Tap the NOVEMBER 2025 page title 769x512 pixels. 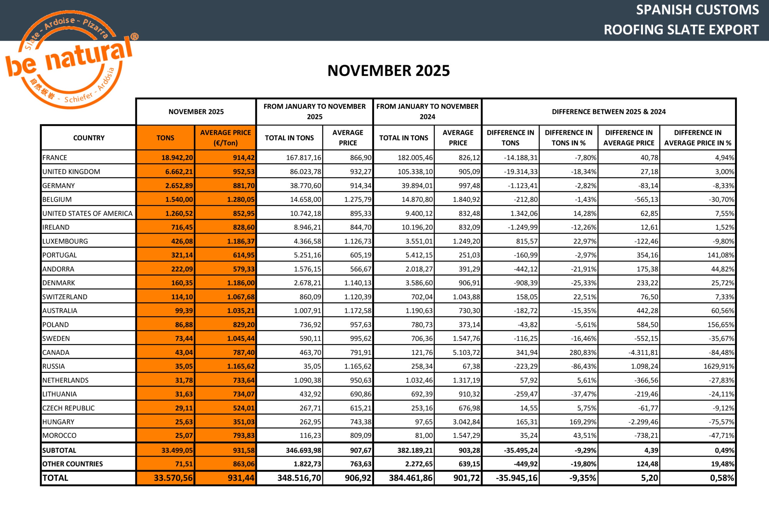388,70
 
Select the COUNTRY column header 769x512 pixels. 89,138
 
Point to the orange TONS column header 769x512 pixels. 165,138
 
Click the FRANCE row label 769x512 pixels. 55,158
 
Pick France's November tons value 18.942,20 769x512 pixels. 177,158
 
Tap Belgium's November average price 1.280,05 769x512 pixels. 240,200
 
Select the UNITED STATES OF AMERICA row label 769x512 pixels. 87,214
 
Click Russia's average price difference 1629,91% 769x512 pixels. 718,366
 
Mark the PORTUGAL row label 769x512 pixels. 60,255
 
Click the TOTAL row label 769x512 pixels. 56,478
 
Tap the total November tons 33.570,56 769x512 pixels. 173,478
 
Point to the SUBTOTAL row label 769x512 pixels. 60,450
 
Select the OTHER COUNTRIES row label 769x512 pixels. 73,464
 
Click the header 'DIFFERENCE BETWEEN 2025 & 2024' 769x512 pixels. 608,112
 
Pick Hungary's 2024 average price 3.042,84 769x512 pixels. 466,422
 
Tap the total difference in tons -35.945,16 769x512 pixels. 516,478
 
